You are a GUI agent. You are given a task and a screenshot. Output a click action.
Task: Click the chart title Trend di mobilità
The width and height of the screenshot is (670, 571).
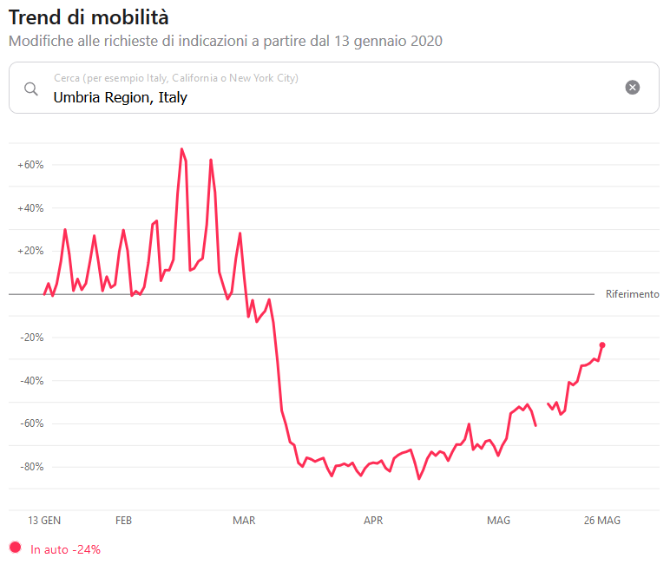(x=89, y=16)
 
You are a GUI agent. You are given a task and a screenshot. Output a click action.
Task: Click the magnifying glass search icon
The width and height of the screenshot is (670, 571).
(x=31, y=89)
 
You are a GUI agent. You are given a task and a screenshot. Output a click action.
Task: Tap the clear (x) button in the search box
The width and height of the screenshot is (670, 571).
(x=633, y=87)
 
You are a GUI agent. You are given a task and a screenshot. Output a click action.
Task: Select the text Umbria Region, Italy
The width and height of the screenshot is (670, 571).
(x=120, y=97)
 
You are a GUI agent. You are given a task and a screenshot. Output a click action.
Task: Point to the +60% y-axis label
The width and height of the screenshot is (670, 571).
(x=30, y=165)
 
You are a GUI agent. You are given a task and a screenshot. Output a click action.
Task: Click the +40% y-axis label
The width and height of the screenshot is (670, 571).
(x=30, y=208)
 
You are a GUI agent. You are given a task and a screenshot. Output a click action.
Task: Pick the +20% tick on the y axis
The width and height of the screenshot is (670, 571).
(x=30, y=251)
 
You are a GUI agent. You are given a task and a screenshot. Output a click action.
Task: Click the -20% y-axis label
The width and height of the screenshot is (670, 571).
(x=30, y=338)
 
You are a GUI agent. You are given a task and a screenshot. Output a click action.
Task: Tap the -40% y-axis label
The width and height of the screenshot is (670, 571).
(x=30, y=381)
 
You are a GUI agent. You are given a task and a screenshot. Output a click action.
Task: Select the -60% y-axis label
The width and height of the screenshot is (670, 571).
(x=30, y=423)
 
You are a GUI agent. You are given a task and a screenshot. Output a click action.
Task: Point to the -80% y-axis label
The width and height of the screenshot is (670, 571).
(x=30, y=467)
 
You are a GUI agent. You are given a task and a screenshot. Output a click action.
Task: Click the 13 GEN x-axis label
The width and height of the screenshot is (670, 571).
(x=44, y=521)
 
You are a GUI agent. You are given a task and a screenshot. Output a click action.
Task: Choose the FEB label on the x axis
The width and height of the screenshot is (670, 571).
(x=123, y=521)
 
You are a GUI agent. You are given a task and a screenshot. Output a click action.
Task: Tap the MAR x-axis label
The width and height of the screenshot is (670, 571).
(x=244, y=521)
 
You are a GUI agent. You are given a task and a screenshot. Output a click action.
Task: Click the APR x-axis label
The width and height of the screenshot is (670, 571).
(x=373, y=521)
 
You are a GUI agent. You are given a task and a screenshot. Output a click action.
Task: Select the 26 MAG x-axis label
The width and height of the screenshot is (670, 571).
(x=601, y=521)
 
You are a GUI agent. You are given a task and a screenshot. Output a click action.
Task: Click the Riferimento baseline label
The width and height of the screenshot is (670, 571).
(x=632, y=294)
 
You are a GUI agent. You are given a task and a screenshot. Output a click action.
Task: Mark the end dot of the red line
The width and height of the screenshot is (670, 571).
(x=602, y=345)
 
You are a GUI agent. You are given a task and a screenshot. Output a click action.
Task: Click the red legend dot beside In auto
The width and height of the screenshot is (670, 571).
(x=15, y=548)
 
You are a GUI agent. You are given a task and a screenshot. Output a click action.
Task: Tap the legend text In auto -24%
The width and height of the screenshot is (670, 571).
(x=66, y=549)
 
